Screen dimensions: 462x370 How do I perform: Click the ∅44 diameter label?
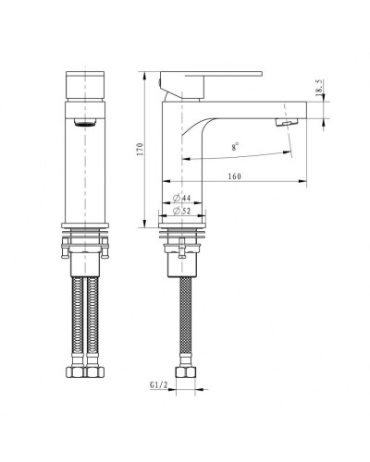coord(182,199)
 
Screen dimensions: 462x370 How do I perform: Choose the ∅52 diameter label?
coord(182,212)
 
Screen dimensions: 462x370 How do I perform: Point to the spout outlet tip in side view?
coord(289,122)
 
